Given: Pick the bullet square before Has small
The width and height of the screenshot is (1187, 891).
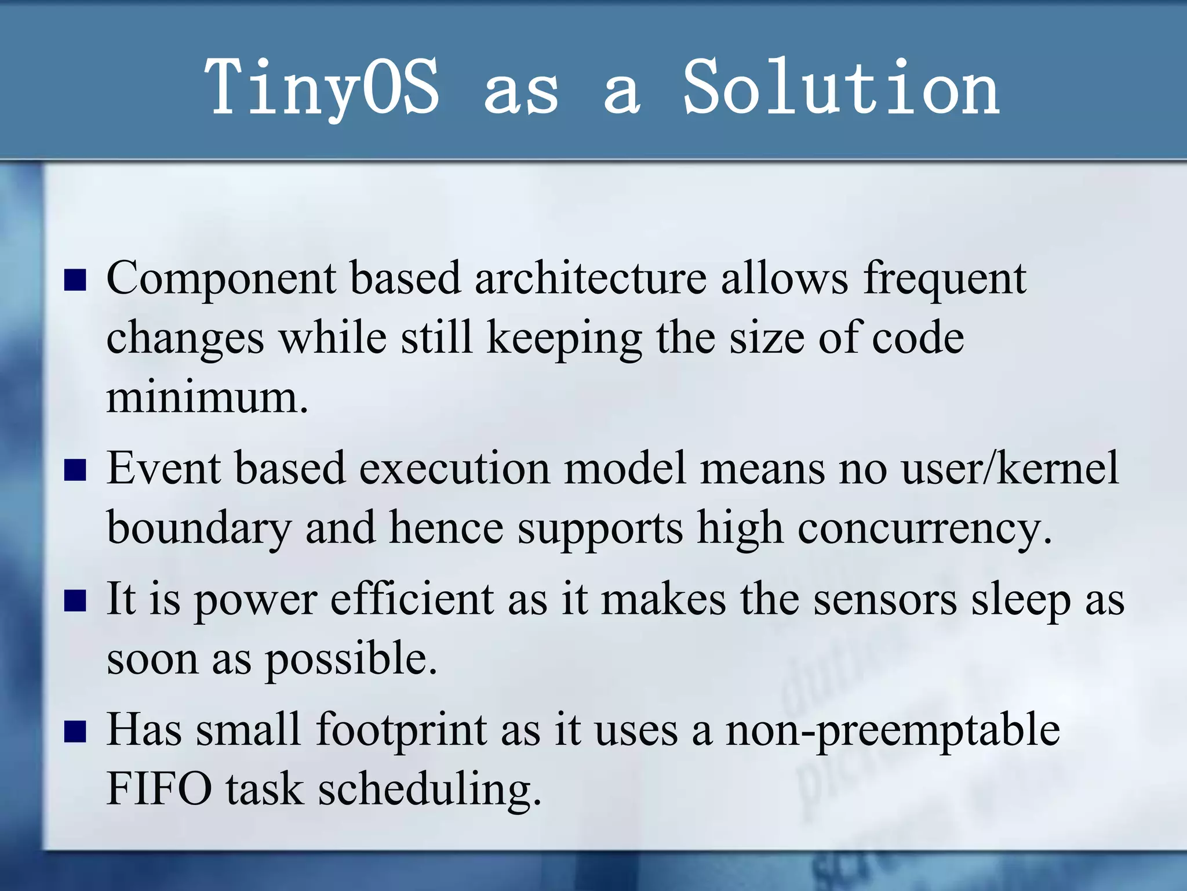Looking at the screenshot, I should tap(75, 731).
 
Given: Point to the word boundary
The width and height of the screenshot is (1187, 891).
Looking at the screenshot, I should tap(199, 529).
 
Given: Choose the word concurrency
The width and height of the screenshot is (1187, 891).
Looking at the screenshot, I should tap(924, 529).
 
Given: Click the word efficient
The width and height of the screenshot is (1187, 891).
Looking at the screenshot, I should tap(412, 599).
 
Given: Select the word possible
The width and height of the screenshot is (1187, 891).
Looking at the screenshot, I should tap(351, 660).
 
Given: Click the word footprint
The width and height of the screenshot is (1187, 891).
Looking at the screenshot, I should tap(402, 730).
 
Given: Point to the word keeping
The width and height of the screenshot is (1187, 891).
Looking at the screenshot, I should tap(564, 340).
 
